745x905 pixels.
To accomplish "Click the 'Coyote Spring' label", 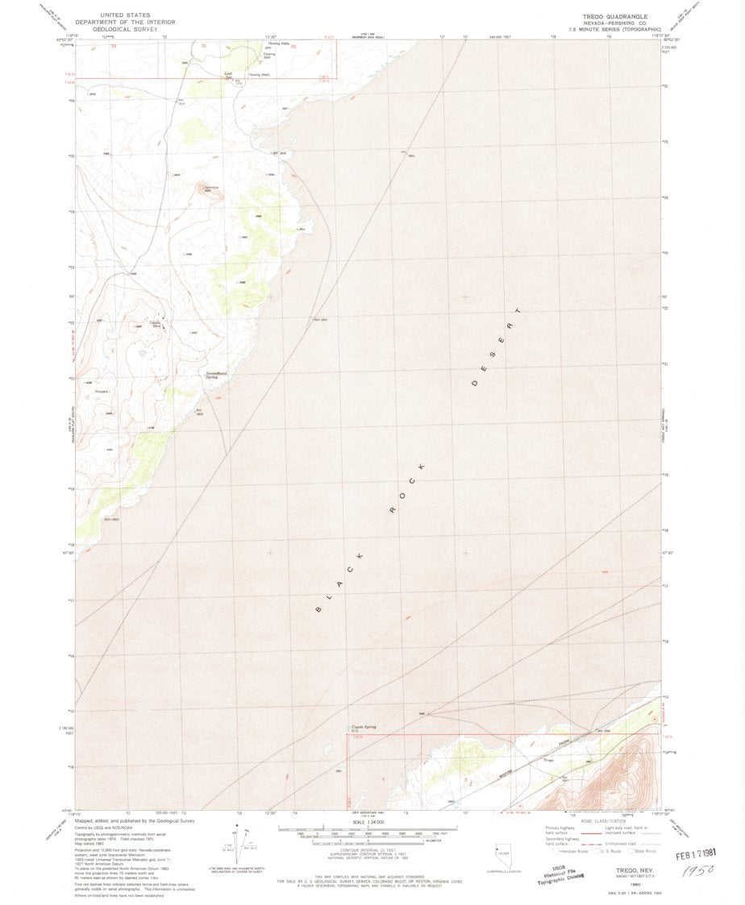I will tap(364, 727).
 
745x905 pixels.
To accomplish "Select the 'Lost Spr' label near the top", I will tap(227, 74).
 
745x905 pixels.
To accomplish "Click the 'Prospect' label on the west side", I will tap(102, 392).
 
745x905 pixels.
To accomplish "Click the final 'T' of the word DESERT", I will tap(520, 310).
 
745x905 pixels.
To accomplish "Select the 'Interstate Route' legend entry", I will tap(573, 851).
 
